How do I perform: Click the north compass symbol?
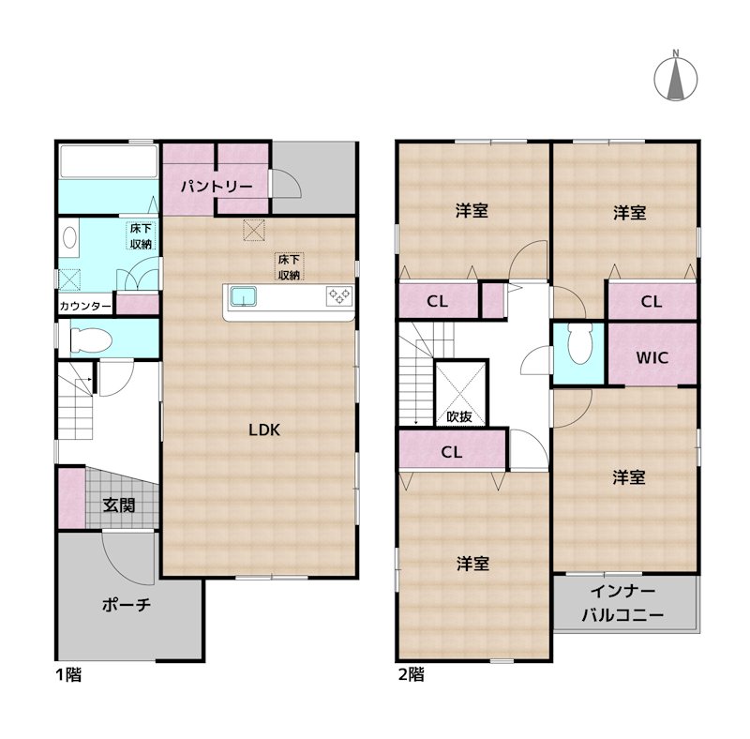(x=675, y=77)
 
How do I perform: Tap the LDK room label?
(x=264, y=430)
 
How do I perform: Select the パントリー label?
(x=217, y=187)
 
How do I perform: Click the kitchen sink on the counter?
(x=244, y=296)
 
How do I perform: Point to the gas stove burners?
(x=339, y=295)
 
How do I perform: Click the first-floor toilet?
(x=91, y=339)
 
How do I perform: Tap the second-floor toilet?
(x=579, y=343)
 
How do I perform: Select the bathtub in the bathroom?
(x=109, y=161)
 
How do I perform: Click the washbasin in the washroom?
(x=69, y=237)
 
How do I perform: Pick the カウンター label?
(x=85, y=306)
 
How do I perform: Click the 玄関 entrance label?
(x=119, y=505)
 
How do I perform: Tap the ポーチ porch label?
(x=127, y=605)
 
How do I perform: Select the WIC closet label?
(x=652, y=357)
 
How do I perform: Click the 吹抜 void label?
(x=459, y=417)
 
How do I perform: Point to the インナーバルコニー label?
(x=622, y=603)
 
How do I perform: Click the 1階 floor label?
(x=68, y=675)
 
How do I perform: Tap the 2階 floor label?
(x=412, y=675)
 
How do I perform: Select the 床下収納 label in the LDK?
(x=289, y=267)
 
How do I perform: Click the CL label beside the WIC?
(x=651, y=302)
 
